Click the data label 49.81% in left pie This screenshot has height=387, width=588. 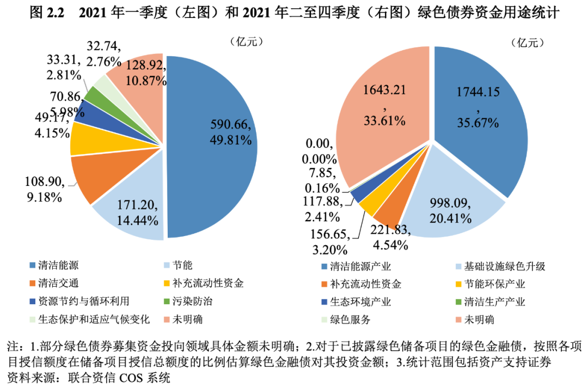230,141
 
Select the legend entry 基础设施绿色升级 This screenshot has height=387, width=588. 504,267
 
